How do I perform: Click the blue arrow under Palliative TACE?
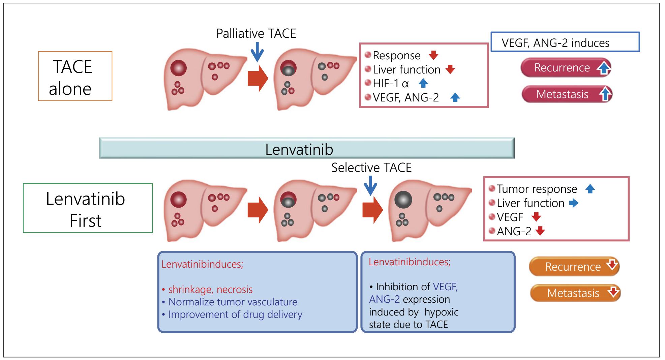pos(257,52)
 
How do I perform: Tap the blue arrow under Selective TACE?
pos(370,185)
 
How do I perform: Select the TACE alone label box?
pos(75,76)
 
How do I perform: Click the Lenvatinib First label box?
pos(88,208)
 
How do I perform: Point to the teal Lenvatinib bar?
pos(306,148)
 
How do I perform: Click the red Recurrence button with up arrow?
pos(566,68)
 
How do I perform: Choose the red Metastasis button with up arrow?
pos(567,94)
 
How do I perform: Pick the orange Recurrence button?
pos(574,267)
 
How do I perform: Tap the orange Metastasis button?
pos(575,293)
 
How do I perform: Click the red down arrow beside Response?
pos(433,55)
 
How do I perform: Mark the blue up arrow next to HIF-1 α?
pos(423,83)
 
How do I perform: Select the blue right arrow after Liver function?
pos(573,203)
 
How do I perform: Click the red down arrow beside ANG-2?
pos(540,231)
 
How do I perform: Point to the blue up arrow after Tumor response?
pos(590,189)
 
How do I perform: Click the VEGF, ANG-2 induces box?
pos(565,42)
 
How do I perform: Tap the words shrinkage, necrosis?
pos(210,289)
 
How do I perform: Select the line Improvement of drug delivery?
pos(235,314)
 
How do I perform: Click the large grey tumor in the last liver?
pos(403,200)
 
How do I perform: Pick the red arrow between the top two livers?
pos(258,78)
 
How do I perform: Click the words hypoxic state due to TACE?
pos(414,318)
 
